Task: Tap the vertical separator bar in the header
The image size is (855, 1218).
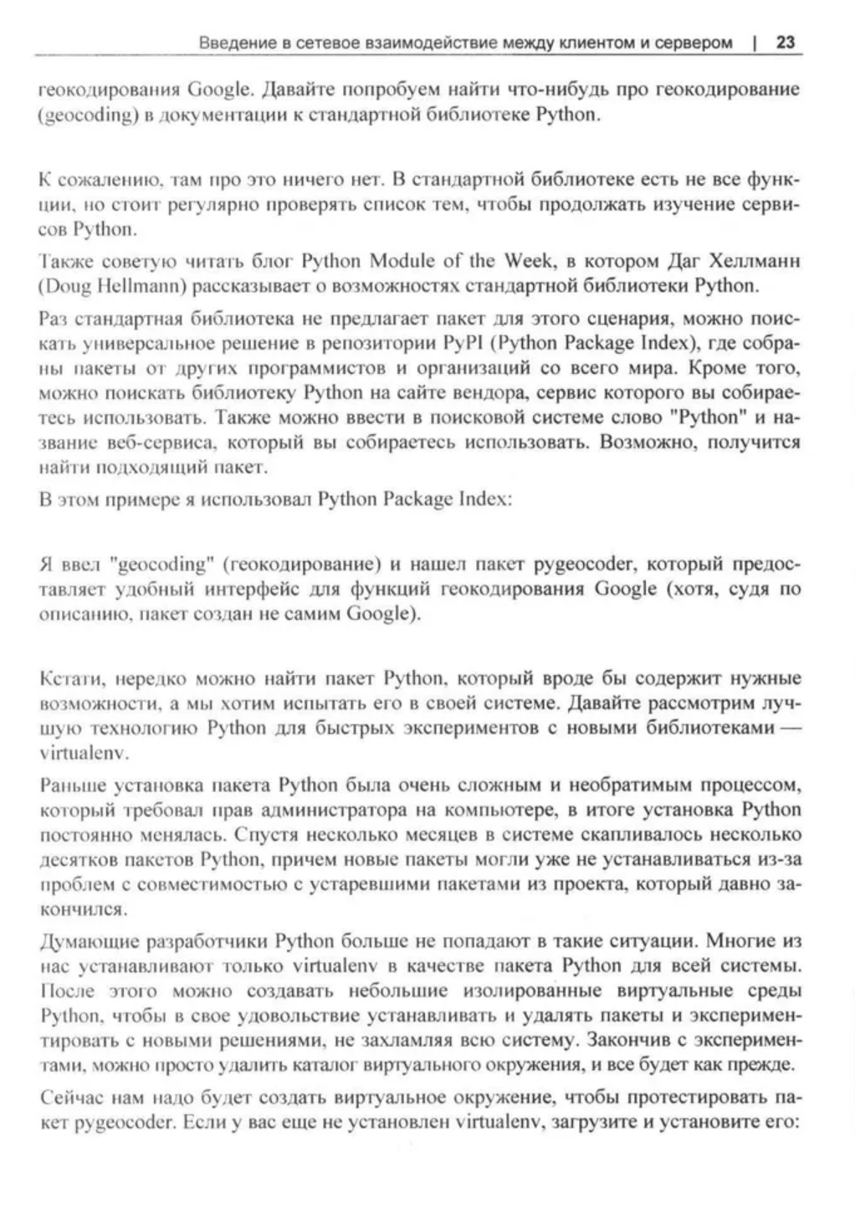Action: [756, 42]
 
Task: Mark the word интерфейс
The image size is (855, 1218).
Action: [248, 589]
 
